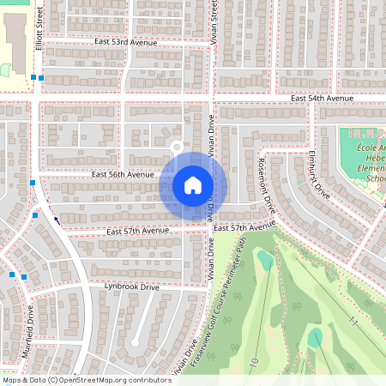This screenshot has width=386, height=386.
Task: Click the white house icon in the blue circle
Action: point(192,185)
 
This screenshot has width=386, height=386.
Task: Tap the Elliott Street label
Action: point(39,27)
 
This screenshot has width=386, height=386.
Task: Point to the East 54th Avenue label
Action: point(322,99)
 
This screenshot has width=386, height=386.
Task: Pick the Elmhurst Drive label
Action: point(319,175)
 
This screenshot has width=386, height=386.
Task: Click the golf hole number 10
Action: point(254,364)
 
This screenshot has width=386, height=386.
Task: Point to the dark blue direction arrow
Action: point(57,219)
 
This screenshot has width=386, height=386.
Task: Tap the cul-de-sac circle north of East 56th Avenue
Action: point(177,146)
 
